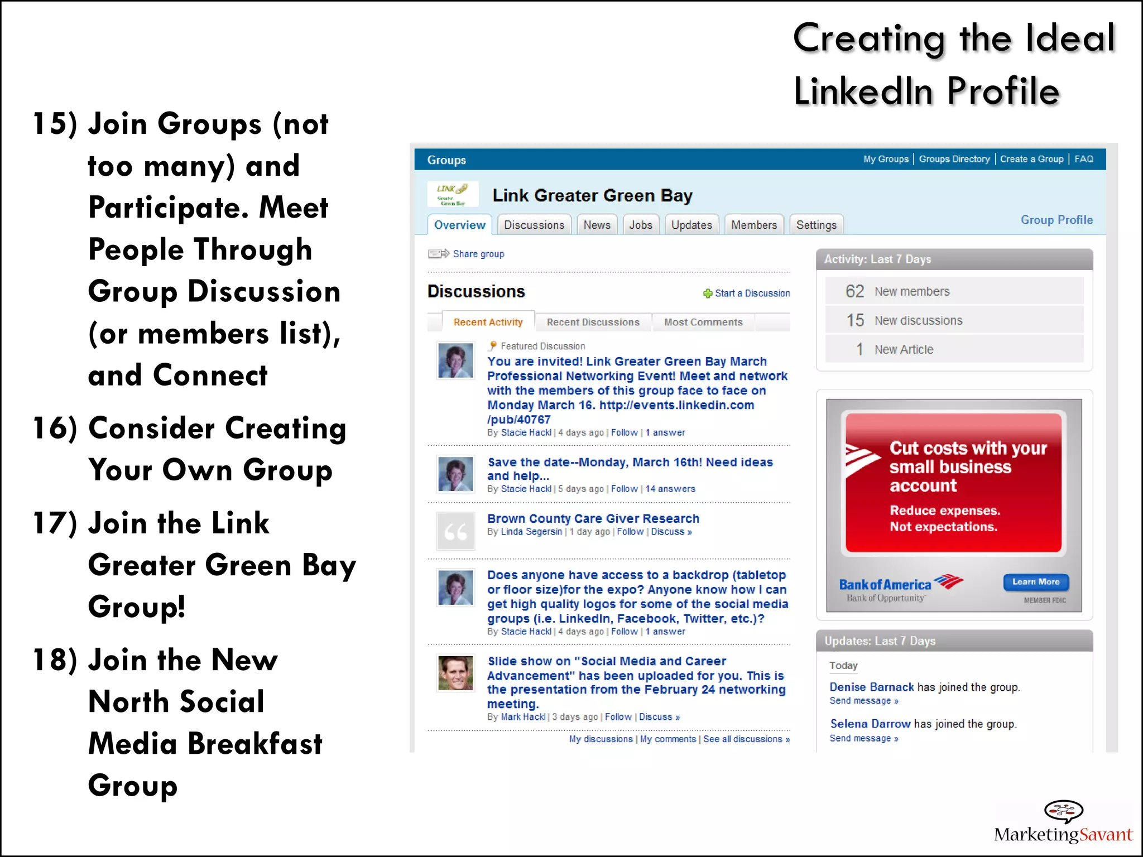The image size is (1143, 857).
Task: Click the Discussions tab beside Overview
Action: tap(534, 225)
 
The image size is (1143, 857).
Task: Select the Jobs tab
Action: tap(641, 225)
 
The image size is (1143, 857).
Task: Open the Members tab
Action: tap(754, 225)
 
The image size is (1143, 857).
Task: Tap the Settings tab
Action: tap(816, 225)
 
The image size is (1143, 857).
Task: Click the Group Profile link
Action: tap(1056, 220)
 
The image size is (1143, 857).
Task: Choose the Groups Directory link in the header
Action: tap(954, 159)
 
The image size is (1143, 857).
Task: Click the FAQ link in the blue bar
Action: tap(1084, 159)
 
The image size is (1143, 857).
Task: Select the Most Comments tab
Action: tap(703, 322)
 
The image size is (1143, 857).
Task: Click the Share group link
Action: tap(478, 254)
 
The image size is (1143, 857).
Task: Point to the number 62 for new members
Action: tap(854, 291)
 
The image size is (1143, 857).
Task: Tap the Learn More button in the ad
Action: tap(1036, 582)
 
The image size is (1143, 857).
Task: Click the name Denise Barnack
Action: tap(872, 687)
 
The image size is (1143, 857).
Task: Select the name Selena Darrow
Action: tap(870, 724)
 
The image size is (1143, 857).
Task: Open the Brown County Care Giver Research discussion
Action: tap(593, 518)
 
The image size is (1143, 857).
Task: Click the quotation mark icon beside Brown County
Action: tap(455, 532)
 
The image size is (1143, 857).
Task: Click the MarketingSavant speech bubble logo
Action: tap(1063, 811)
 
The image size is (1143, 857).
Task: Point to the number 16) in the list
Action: tap(55, 428)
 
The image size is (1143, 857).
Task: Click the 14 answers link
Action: tap(670, 489)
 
